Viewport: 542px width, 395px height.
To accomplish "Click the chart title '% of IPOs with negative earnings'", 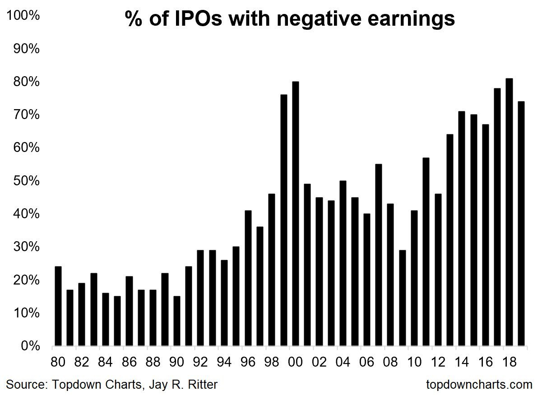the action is (x=290, y=19).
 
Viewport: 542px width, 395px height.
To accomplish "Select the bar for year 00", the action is (x=296, y=214).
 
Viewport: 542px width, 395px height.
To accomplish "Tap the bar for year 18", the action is (x=509, y=212).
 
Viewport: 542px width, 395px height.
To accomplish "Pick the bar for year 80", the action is (x=58, y=306).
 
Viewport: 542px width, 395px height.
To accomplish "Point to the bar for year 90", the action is (x=177, y=321).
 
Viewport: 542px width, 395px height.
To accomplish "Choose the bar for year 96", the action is (x=248, y=278).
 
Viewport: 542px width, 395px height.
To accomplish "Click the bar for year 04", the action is (x=343, y=263).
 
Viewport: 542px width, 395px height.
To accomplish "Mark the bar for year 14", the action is (x=462, y=229).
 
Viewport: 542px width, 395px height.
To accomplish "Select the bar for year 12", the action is (x=438, y=270).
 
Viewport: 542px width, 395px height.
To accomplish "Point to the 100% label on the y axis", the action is (x=23, y=15).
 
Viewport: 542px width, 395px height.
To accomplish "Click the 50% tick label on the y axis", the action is (x=26, y=181).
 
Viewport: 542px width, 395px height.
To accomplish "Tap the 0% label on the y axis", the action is (x=30, y=346).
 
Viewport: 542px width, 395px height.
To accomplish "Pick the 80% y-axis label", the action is (x=26, y=82).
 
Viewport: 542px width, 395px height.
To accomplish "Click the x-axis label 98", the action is (x=272, y=362).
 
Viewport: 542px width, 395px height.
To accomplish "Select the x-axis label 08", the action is (x=390, y=362).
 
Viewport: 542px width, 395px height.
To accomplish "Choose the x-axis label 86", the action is (x=129, y=362).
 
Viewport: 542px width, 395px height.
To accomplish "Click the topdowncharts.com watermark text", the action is (x=479, y=384).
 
